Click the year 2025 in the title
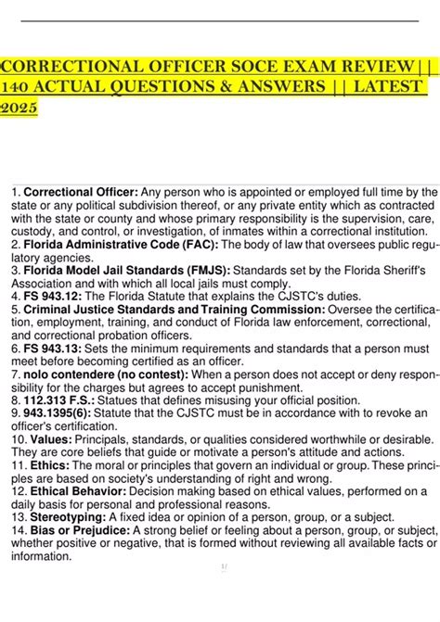19,108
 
